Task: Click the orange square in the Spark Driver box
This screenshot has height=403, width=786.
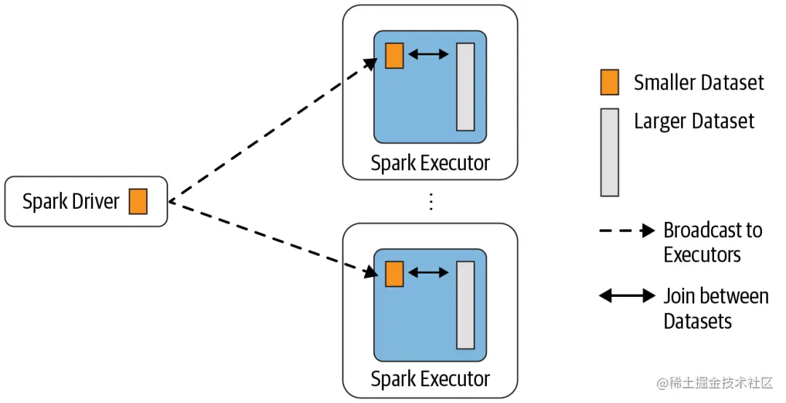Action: (x=138, y=201)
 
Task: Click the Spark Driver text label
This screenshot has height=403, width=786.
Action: (x=71, y=201)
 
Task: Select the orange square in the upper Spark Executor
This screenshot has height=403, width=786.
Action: (x=394, y=55)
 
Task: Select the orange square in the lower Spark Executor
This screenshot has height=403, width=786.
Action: (x=394, y=274)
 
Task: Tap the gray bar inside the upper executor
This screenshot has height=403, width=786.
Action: (x=466, y=87)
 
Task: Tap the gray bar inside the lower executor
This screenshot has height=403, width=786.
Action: (x=466, y=305)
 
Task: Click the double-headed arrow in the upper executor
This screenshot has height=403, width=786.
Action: (x=429, y=55)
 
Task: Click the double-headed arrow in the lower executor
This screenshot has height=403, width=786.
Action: (x=429, y=273)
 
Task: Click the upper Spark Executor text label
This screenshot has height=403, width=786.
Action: (x=430, y=163)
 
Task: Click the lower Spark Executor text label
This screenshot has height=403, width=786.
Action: (x=430, y=379)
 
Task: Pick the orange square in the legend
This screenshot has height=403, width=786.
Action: (x=610, y=82)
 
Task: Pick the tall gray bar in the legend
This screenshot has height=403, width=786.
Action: (x=610, y=152)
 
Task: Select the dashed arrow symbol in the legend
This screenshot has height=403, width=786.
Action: (x=627, y=231)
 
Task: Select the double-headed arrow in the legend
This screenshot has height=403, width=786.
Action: (x=627, y=296)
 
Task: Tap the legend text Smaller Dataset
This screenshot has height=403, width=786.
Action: (x=699, y=83)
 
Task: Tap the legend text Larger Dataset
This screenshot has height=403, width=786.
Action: (x=694, y=121)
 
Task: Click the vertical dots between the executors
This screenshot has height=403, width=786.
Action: (x=431, y=201)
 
